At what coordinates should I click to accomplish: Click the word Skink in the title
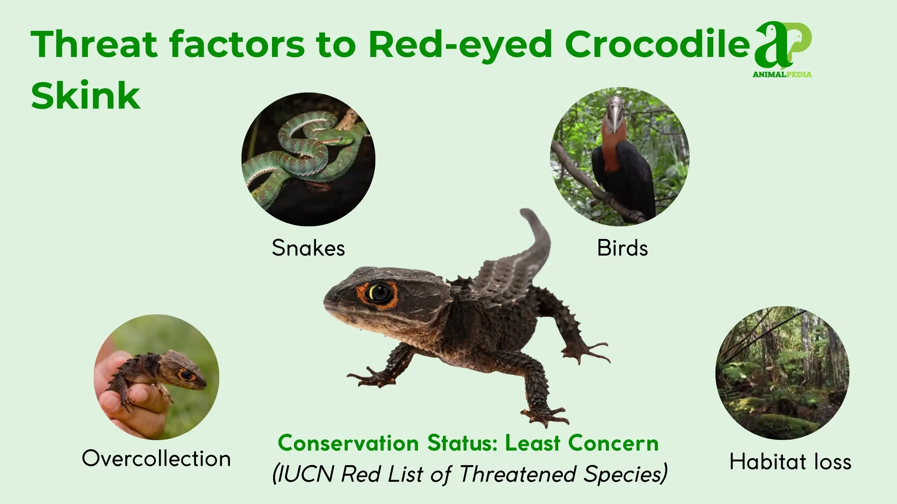(86, 96)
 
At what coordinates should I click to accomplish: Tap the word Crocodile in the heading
(657, 44)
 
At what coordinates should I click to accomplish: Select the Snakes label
(308, 248)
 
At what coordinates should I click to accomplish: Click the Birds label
(623, 248)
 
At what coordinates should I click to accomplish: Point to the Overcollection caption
(156, 458)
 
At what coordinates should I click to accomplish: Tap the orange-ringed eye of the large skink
(377, 295)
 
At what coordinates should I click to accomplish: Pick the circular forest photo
(782, 373)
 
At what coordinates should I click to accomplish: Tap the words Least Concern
(582, 443)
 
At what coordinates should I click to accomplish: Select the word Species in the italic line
(624, 475)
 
